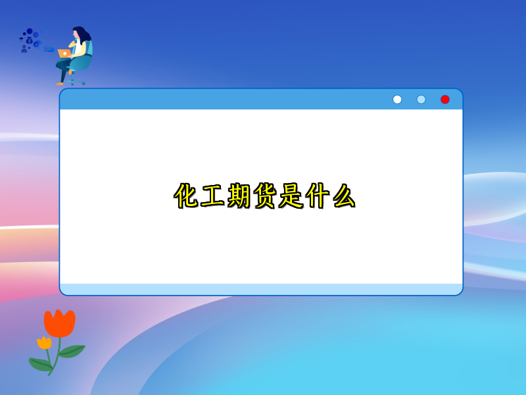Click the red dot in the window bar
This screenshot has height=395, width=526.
coord(445,99)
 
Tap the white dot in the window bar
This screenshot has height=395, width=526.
coord(397,99)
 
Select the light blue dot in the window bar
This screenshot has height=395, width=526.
coord(421,99)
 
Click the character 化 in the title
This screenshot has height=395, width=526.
coord(187,196)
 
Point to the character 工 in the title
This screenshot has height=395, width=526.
coord(214,196)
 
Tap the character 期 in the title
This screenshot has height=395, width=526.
coord(239,196)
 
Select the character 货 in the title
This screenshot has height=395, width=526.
coord(265,196)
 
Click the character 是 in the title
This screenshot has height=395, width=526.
coord(291,196)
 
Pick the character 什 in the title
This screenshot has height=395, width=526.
coord(317,196)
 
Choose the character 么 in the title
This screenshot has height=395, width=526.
coord(343,196)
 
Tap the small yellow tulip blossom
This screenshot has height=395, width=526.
coord(44,342)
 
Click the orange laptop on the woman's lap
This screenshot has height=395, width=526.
coord(64,53)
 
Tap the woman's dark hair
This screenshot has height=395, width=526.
coord(82,34)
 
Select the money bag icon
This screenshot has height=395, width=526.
coord(29,40)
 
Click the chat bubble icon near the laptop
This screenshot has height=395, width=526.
coord(49,49)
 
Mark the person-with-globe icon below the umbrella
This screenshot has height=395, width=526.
coord(24,49)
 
